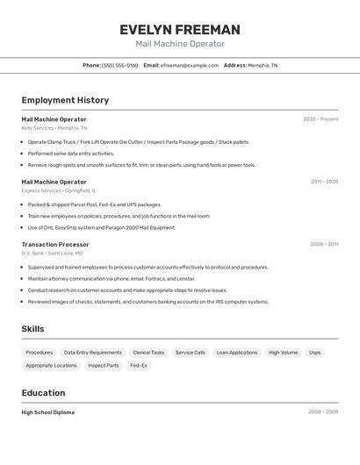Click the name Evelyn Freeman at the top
point(180,30)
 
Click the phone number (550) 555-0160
point(119,65)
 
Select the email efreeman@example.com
point(189,65)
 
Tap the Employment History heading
point(65,100)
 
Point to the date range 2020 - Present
point(320,118)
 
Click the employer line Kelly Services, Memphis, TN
point(54,127)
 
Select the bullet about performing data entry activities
point(71,153)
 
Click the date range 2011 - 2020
point(324,182)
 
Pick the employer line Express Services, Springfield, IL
point(59,190)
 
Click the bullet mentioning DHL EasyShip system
point(102,227)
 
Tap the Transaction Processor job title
point(55,245)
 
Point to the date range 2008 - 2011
point(324,245)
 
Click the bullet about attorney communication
point(110,278)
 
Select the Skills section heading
point(33,329)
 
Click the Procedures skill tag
point(40,353)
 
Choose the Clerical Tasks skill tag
point(148,353)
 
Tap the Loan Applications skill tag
point(237,353)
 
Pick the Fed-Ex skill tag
point(139,365)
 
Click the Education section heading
point(43,393)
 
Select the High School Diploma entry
point(48,412)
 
